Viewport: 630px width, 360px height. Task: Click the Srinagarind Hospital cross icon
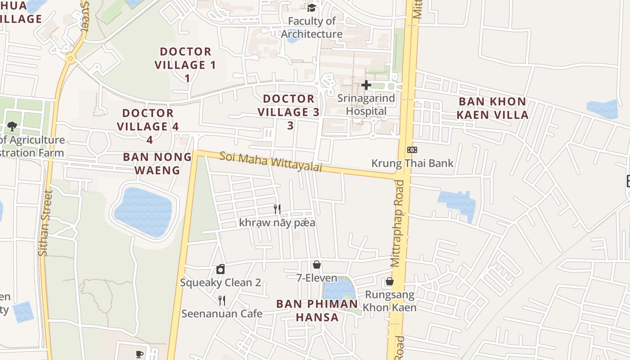(x=366, y=85)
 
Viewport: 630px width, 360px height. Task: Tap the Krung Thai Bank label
(x=412, y=163)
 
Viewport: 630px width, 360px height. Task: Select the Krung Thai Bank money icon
(x=412, y=150)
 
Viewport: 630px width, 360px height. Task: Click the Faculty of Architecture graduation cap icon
(x=311, y=8)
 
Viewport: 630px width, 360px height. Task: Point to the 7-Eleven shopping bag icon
(x=317, y=265)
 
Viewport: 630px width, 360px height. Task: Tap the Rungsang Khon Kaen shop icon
(x=389, y=282)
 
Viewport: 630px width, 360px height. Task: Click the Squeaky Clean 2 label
(x=220, y=283)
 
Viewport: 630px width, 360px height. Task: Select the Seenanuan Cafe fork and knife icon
(x=221, y=300)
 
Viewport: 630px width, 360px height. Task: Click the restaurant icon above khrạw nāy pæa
(x=277, y=209)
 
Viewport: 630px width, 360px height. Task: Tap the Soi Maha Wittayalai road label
(x=271, y=162)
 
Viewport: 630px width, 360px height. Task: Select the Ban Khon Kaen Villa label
(x=492, y=108)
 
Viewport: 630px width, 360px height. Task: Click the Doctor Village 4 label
(x=148, y=120)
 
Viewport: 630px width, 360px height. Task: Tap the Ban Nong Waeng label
(x=157, y=163)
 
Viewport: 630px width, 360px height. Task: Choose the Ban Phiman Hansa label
(x=317, y=310)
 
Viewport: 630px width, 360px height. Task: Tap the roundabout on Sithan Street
(x=70, y=58)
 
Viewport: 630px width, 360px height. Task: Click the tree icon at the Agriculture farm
(x=12, y=126)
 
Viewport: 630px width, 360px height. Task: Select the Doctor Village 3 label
(x=289, y=105)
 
